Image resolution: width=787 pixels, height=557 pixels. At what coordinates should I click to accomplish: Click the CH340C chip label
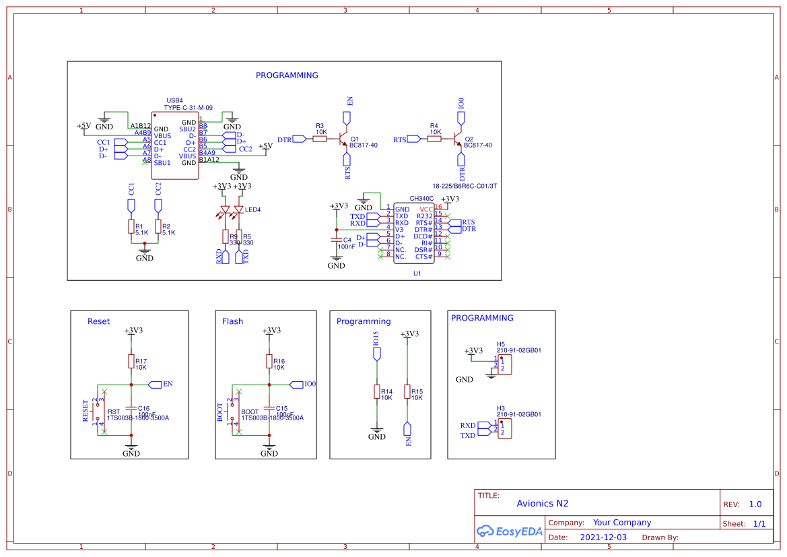coord(422,199)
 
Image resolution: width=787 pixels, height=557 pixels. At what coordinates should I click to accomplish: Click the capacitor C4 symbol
coord(336,239)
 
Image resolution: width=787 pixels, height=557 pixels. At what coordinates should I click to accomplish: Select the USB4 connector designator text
coord(174,100)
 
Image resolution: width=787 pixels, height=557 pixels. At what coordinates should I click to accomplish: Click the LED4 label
coord(252,209)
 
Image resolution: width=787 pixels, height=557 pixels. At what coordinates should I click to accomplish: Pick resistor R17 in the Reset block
coord(131,362)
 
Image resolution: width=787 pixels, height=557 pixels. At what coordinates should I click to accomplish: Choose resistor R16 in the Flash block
coord(269,362)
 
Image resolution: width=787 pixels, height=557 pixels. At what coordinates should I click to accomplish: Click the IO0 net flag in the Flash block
coord(296,384)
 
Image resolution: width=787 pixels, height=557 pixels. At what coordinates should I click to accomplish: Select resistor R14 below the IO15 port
coord(377,392)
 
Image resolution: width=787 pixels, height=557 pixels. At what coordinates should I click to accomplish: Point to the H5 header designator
coord(501,343)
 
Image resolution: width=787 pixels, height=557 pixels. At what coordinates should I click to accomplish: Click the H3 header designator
coord(501,408)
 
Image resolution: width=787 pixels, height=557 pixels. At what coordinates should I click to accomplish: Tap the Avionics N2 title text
coord(542,503)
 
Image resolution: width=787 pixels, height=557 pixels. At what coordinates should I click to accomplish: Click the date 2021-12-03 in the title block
coord(603,537)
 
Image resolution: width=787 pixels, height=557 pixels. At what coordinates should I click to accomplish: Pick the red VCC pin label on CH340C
coord(426,209)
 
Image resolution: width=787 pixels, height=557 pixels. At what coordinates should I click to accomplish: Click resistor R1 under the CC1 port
coord(131,227)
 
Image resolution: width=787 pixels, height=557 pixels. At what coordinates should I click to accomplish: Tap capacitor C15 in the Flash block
coord(269,408)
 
